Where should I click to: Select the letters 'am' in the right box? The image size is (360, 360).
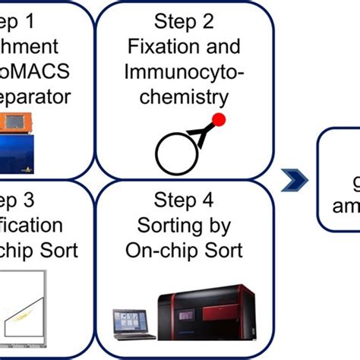pos(343,206)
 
